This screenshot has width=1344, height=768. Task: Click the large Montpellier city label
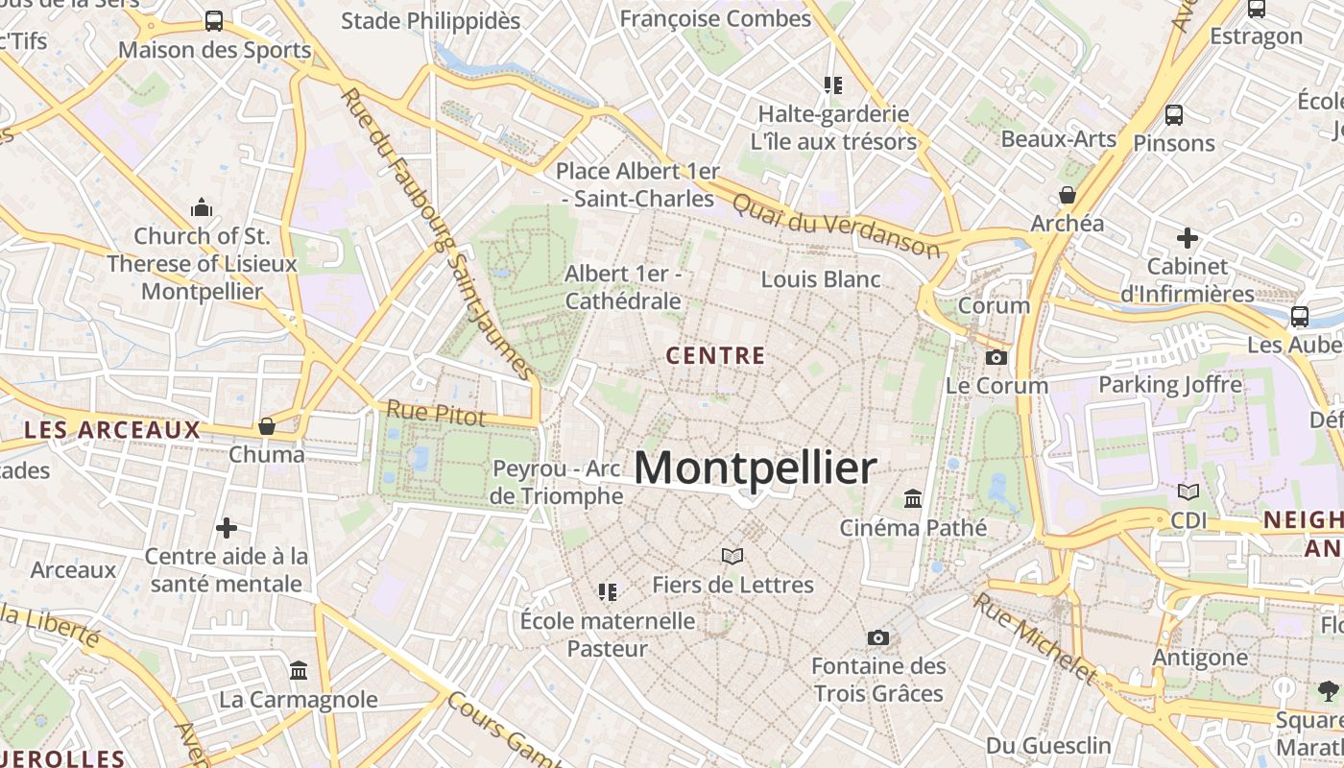click(756, 468)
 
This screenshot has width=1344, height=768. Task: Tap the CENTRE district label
click(716, 356)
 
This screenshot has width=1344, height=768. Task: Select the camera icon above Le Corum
click(996, 357)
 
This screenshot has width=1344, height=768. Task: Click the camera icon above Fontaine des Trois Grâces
click(877, 637)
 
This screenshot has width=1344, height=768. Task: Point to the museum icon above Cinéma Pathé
click(913, 499)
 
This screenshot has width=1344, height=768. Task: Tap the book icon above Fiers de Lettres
click(732, 556)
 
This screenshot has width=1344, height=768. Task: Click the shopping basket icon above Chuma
click(267, 425)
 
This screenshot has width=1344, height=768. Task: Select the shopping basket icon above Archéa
click(1067, 195)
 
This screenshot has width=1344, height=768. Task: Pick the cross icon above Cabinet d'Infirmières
click(1188, 237)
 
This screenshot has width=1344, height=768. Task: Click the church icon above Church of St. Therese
click(202, 206)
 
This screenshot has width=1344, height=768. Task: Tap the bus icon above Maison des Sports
click(214, 21)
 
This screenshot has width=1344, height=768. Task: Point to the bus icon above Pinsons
click(1173, 115)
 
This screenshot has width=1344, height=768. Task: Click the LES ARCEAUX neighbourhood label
click(112, 430)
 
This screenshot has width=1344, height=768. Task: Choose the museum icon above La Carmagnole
click(299, 670)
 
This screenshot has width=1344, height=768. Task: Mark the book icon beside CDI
click(1188, 492)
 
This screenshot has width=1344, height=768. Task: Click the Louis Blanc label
click(821, 279)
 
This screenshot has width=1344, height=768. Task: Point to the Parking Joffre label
click(1170, 385)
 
